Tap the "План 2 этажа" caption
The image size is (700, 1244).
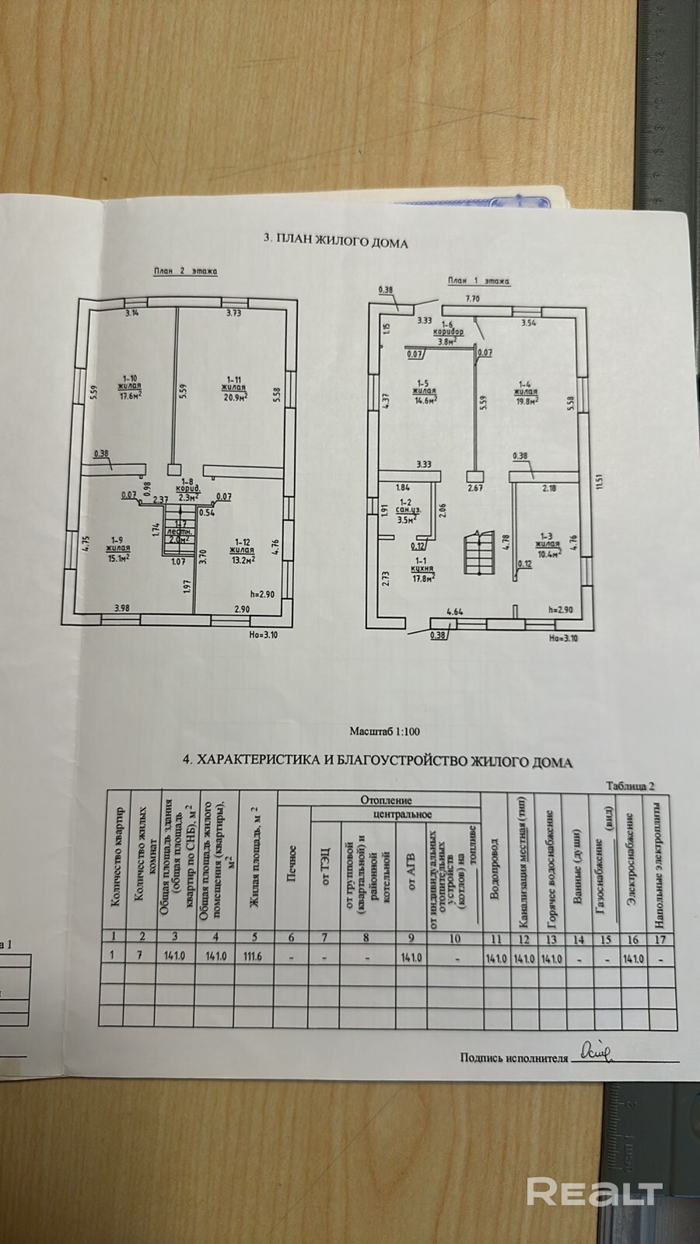pyautogui.click(x=184, y=271)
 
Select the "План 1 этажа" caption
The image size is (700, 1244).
pyautogui.click(x=478, y=281)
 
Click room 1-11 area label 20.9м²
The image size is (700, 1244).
pyautogui.click(x=234, y=397)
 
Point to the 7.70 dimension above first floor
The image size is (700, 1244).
pyautogui.click(x=474, y=298)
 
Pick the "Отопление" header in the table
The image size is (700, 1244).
pyautogui.click(x=386, y=799)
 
